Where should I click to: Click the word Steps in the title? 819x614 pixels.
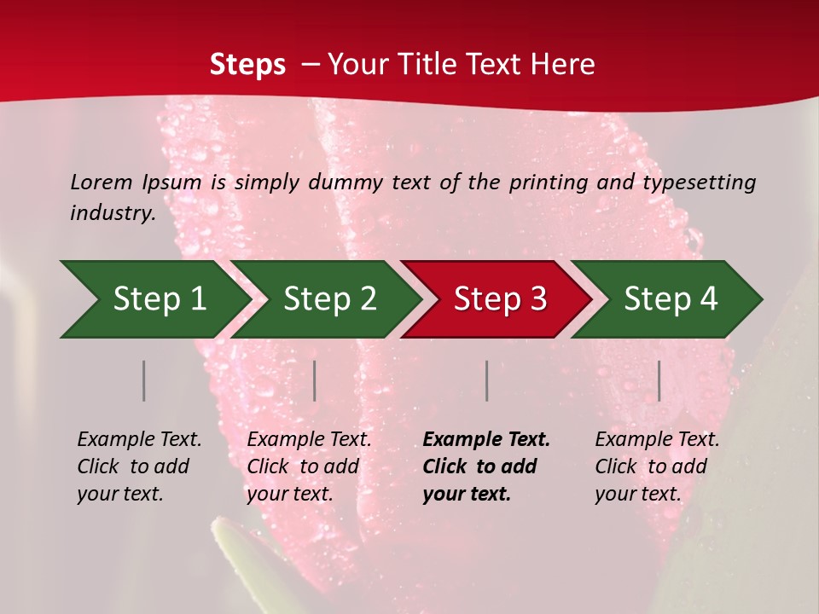tap(247, 65)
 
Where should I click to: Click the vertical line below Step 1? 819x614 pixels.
tap(144, 380)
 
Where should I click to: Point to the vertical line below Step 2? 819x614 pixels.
tap(315, 380)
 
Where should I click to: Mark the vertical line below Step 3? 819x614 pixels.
tap(487, 380)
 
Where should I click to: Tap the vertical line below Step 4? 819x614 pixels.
tap(659, 380)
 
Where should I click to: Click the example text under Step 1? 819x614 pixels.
tap(139, 466)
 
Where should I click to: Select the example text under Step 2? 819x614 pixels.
tap(309, 466)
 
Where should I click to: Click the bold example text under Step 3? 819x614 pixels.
tap(486, 466)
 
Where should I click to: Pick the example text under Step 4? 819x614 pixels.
tap(657, 466)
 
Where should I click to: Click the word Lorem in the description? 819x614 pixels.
tap(102, 182)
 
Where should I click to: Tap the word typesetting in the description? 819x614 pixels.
tap(699, 182)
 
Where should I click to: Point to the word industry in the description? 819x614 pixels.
tap(113, 212)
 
